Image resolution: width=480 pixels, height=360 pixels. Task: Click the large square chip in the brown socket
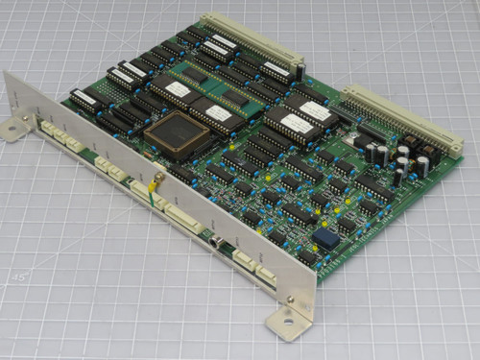coord(177,135)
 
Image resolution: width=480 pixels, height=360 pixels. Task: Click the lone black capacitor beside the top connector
coord(300,72)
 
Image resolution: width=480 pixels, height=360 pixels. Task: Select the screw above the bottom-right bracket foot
coord(291,300)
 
